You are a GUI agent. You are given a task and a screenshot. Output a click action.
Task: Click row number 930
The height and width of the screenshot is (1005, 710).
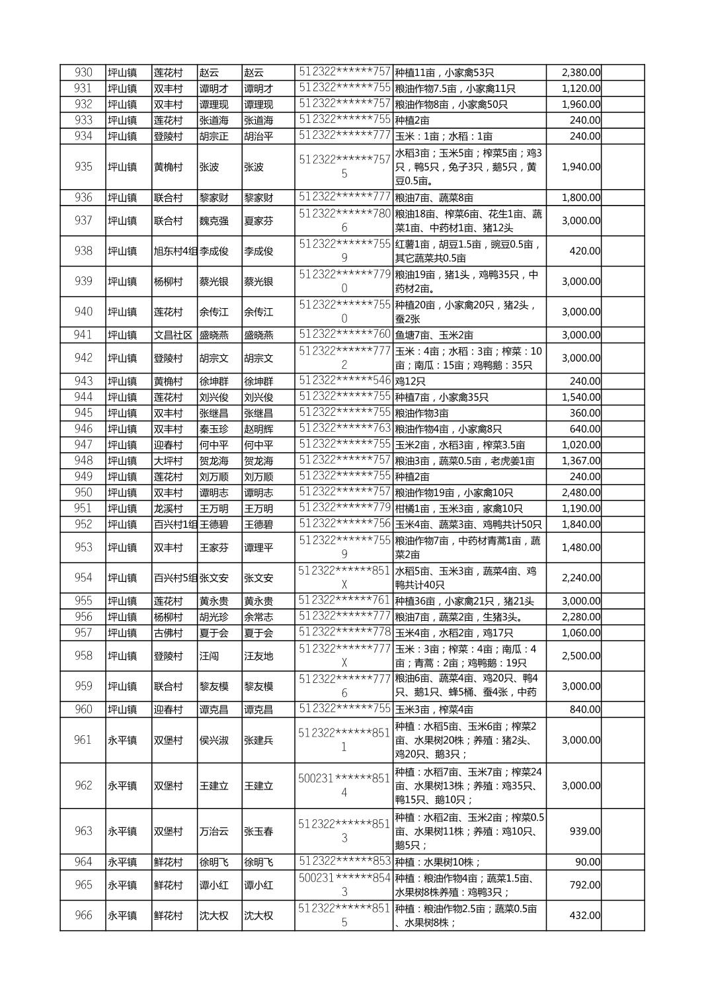coord(83,73)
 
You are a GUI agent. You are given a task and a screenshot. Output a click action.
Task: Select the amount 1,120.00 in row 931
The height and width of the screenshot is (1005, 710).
coord(581,89)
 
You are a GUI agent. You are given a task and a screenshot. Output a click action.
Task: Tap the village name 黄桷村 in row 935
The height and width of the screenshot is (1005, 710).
coord(168,167)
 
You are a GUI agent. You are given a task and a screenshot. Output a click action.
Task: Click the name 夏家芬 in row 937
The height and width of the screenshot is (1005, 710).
coord(258,221)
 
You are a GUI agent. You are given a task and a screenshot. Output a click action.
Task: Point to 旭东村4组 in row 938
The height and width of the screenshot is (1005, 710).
coord(175,251)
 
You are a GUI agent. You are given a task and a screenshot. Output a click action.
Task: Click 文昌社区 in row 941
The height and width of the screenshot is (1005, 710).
coord(173,335)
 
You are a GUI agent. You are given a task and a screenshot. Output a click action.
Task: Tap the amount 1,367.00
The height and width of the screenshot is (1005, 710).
coord(581,461)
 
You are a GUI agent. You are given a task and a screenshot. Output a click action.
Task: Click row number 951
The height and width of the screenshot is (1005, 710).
coord(83,508)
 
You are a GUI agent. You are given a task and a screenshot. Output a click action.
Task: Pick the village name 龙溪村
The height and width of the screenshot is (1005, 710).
coord(168,508)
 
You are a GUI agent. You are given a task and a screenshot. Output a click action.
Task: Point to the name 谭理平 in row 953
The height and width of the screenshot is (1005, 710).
coord(258,547)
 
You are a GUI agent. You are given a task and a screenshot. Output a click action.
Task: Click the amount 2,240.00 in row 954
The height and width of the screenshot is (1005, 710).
coord(581,578)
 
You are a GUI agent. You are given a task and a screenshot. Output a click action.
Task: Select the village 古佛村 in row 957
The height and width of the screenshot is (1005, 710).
coord(168,633)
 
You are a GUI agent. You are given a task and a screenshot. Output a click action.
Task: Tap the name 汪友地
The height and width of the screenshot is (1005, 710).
coord(258,656)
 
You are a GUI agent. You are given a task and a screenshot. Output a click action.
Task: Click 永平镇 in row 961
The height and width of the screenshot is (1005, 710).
coord(122,740)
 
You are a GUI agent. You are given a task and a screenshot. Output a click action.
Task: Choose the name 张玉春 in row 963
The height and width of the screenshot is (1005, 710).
coord(258,831)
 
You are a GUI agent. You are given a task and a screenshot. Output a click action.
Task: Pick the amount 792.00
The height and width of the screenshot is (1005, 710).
coord(585,885)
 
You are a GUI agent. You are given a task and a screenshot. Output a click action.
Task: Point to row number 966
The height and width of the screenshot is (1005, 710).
coord(83,916)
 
